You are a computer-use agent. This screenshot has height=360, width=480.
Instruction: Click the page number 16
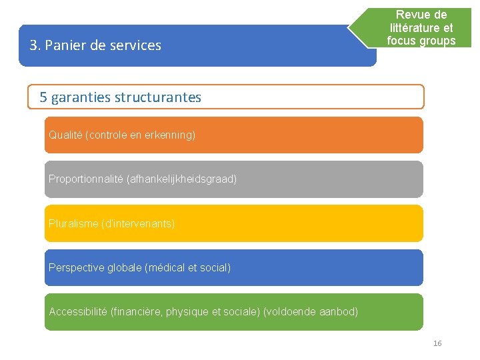[437, 343]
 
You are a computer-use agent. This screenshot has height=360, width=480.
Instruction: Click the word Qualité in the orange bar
[65, 135]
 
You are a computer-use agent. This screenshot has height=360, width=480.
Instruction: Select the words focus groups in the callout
[421, 41]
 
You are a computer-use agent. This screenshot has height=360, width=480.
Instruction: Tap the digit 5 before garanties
[43, 97]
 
